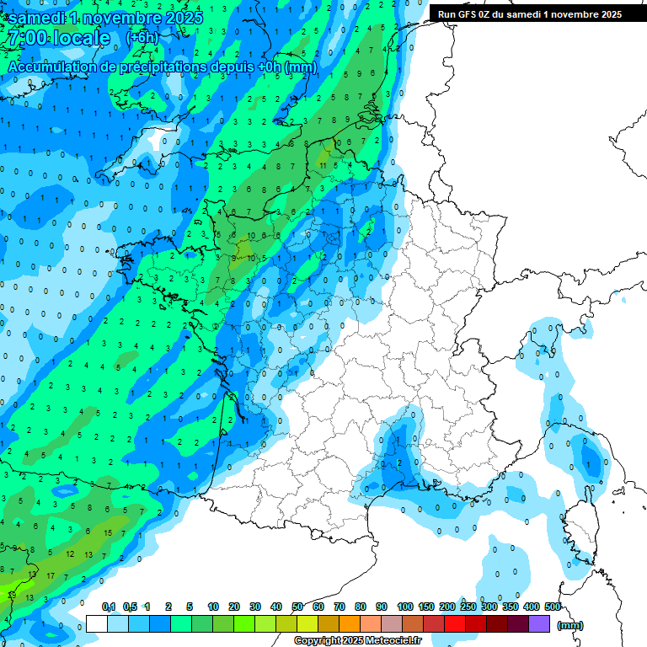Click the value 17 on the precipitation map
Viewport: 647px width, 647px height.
click(x=51, y=576)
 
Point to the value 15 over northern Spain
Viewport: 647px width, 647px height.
click(x=108, y=533)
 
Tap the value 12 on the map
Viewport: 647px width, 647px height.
click(x=70, y=554)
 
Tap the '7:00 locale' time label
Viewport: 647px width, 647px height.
click(x=57, y=39)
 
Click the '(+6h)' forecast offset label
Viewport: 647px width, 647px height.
click(x=142, y=38)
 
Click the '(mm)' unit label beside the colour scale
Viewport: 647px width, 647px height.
click(x=570, y=625)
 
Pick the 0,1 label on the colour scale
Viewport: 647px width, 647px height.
click(x=109, y=607)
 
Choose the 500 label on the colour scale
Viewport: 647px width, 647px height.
click(x=553, y=607)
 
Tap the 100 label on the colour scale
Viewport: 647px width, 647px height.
click(x=404, y=607)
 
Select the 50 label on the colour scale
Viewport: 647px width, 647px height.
click(x=297, y=607)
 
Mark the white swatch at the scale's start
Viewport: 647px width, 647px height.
click(x=97, y=623)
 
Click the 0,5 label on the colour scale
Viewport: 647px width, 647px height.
click(x=130, y=607)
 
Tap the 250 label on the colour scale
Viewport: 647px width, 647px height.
click(x=468, y=607)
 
